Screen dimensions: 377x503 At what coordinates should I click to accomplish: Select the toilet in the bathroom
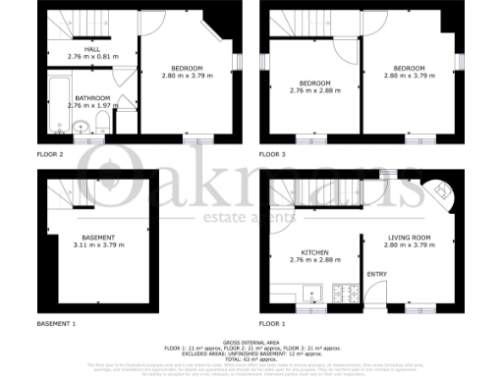click(x=102, y=123)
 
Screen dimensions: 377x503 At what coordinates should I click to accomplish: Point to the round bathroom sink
click(x=80, y=126)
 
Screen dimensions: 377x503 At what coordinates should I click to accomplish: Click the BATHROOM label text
click(x=93, y=97)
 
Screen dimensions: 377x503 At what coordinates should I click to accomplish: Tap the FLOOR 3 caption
click(x=272, y=154)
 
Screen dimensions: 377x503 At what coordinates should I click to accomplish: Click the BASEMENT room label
click(x=97, y=238)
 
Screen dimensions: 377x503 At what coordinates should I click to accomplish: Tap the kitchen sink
click(x=310, y=292)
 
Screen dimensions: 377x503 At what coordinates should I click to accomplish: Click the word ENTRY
click(x=376, y=274)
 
